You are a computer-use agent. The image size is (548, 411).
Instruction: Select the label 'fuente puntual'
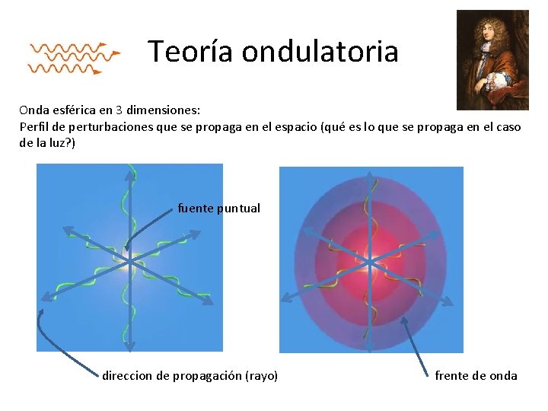(218, 208)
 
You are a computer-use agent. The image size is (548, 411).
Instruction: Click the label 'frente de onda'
(476, 375)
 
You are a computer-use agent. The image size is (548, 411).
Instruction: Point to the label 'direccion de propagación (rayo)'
(190, 375)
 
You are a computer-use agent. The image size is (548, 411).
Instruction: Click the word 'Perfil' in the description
(33, 126)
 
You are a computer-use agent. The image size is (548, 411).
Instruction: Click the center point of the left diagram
(129, 260)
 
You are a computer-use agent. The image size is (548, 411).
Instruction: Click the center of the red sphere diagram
(370, 262)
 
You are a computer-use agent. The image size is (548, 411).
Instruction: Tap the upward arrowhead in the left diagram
(129, 170)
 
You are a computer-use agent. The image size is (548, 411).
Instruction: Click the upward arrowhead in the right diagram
(370, 176)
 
